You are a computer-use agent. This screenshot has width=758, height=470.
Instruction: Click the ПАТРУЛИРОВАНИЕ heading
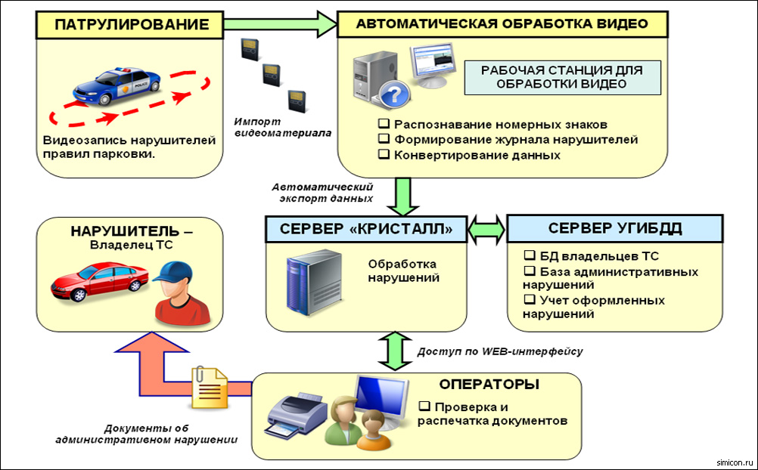click(x=131, y=25)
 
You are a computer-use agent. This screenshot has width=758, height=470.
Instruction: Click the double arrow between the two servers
click(x=486, y=229)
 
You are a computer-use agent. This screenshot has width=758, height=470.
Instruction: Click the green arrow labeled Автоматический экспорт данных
click(x=401, y=196)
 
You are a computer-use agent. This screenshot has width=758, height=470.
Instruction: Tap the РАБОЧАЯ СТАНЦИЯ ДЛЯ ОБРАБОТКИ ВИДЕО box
click(x=561, y=77)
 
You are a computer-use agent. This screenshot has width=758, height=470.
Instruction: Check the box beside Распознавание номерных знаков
click(x=384, y=124)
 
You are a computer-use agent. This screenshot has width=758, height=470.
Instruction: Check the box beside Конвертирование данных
click(x=384, y=155)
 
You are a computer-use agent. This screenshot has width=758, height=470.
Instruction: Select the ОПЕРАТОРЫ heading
click(x=489, y=384)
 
